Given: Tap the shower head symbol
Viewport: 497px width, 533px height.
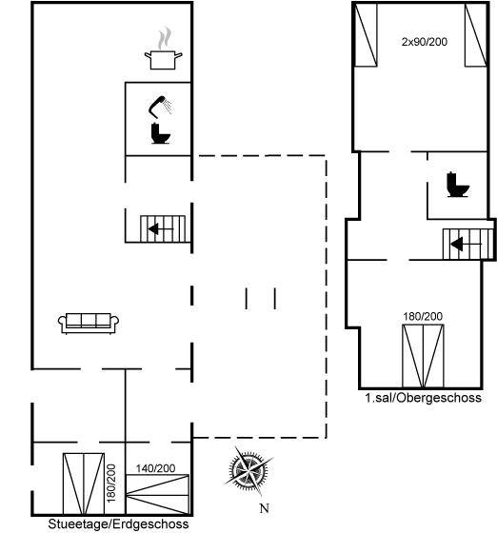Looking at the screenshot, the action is point(160,107).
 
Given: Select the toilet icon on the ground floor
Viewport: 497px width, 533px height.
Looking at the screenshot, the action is point(160,133).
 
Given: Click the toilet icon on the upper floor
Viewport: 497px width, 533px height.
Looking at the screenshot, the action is point(458,185).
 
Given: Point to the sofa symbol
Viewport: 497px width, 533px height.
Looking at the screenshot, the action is point(89,324).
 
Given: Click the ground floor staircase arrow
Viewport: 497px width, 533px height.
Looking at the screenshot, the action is point(161,229).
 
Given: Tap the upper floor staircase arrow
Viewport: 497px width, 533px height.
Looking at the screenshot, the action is point(467,244).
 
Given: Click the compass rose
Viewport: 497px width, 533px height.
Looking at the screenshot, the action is point(248,471).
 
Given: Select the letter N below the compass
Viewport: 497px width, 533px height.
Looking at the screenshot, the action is point(264,508).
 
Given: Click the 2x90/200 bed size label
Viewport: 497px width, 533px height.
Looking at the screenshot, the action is point(425,42).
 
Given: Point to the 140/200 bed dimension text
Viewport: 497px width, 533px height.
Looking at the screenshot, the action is point(156,468).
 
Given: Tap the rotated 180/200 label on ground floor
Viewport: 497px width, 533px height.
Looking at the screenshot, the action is point(111,484).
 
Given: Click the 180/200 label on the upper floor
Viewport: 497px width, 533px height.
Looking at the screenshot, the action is point(423,316).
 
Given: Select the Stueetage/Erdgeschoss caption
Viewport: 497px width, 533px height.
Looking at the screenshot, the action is point(118,523).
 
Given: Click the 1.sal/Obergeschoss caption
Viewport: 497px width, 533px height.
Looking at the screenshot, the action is point(424,398).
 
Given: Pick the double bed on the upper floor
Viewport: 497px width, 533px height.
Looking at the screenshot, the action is point(423,356).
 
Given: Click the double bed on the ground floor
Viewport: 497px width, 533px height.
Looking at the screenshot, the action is point(84,484).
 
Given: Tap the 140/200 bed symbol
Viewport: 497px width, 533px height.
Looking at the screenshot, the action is point(157,494).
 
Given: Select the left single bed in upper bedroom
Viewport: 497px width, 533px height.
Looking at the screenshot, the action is point(366,34).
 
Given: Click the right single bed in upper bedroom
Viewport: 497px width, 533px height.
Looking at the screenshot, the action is point(476,34).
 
